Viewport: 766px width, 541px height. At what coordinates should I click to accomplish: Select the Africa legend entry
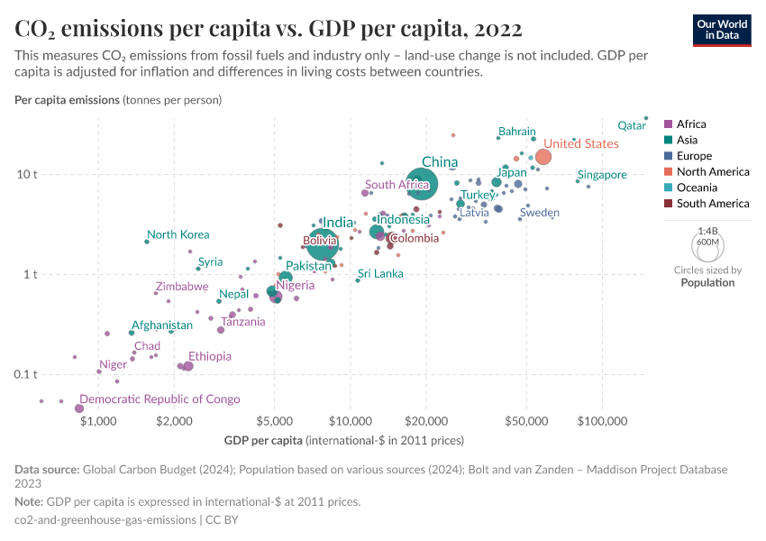click(691, 124)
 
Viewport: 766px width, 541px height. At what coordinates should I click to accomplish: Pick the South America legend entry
click(712, 204)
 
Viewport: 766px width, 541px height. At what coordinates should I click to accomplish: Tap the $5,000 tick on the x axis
click(274, 420)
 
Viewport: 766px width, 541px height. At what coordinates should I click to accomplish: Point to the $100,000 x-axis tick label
click(601, 420)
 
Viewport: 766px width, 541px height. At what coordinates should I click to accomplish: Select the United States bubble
click(543, 158)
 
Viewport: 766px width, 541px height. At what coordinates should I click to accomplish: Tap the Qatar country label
click(632, 125)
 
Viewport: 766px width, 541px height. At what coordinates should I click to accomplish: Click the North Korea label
click(178, 235)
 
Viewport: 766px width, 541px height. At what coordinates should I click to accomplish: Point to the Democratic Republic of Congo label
click(160, 399)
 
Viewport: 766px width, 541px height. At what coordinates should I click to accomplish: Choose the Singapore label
click(602, 175)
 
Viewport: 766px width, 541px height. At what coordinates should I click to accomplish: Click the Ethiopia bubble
click(187, 366)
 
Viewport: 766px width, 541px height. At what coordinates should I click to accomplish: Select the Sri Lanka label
click(380, 273)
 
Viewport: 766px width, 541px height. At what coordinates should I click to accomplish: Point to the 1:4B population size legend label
click(707, 232)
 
